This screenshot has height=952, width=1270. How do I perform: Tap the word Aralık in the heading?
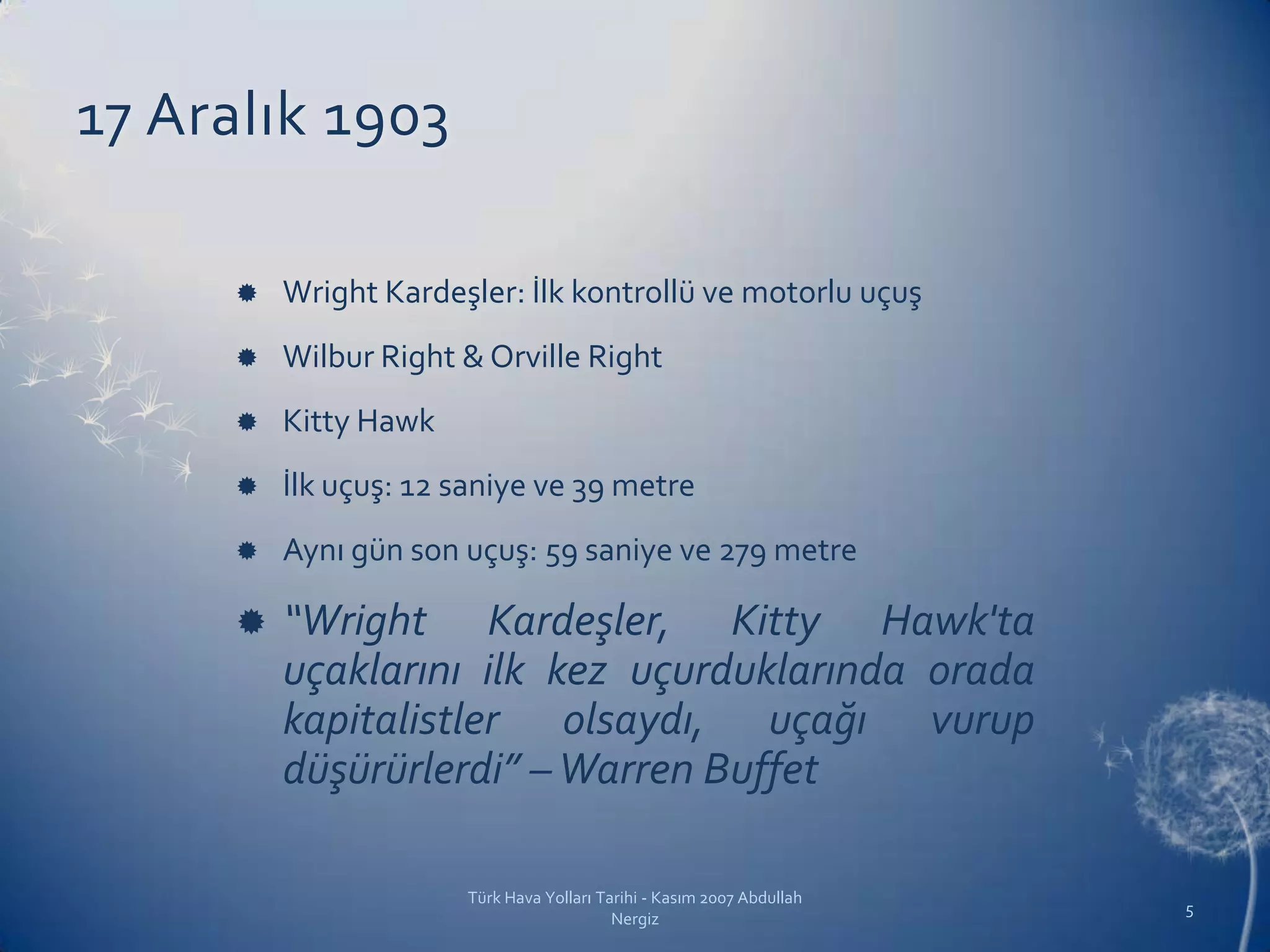pyautogui.click(x=226, y=117)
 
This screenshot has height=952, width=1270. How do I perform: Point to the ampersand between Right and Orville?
pyautogui.click(x=473, y=358)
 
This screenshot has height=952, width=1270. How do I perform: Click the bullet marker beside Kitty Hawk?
pyautogui.click(x=247, y=422)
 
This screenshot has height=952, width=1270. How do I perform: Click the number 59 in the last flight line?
pyautogui.click(x=561, y=551)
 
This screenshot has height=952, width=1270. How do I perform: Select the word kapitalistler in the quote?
pyautogui.click(x=391, y=721)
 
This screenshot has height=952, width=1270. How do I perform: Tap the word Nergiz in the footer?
pyautogui.click(x=634, y=919)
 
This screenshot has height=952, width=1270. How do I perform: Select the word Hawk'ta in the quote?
pyautogui.click(x=957, y=622)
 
